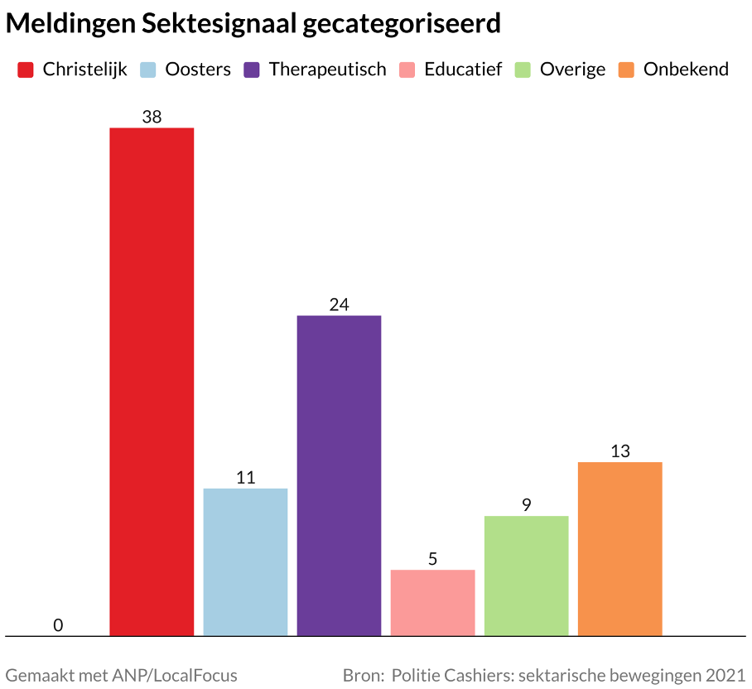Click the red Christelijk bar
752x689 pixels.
(x=152, y=382)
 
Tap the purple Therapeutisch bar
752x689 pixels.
(x=339, y=475)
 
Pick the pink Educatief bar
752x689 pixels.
(x=432, y=602)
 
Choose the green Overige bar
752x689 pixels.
(x=526, y=576)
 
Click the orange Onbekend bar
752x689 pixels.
(x=619, y=548)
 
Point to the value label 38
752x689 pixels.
(x=152, y=117)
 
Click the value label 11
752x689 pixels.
(x=245, y=478)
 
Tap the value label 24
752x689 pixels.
(x=339, y=305)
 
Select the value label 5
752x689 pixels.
(x=432, y=559)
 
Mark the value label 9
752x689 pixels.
(x=526, y=505)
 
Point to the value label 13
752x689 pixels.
(x=619, y=451)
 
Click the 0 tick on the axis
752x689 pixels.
(x=58, y=625)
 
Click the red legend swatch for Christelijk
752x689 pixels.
(x=26, y=70)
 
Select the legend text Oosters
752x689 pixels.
(x=198, y=70)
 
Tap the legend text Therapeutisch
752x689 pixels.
(x=327, y=70)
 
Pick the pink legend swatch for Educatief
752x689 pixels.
(x=407, y=70)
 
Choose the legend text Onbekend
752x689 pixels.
(x=686, y=70)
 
